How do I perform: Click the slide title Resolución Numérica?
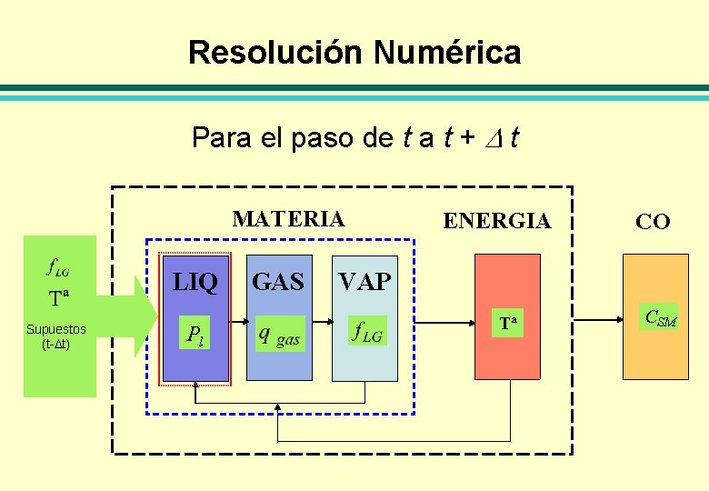tap(354, 52)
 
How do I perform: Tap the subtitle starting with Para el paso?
tap(354, 138)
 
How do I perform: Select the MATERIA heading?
tap(289, 219)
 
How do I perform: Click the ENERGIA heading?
tap(496, 221)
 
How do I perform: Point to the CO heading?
tap(653, 221)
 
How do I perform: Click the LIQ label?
tap(195, 283)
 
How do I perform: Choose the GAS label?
tap(277, 283)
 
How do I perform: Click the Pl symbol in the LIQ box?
tap(195, 335)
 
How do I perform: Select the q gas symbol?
tap(278, 336)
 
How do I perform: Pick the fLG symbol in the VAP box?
tap(367, 332)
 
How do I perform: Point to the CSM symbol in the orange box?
tap(660, 318)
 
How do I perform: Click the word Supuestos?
tap(56, 329)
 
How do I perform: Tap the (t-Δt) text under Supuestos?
tap(56, 344)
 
